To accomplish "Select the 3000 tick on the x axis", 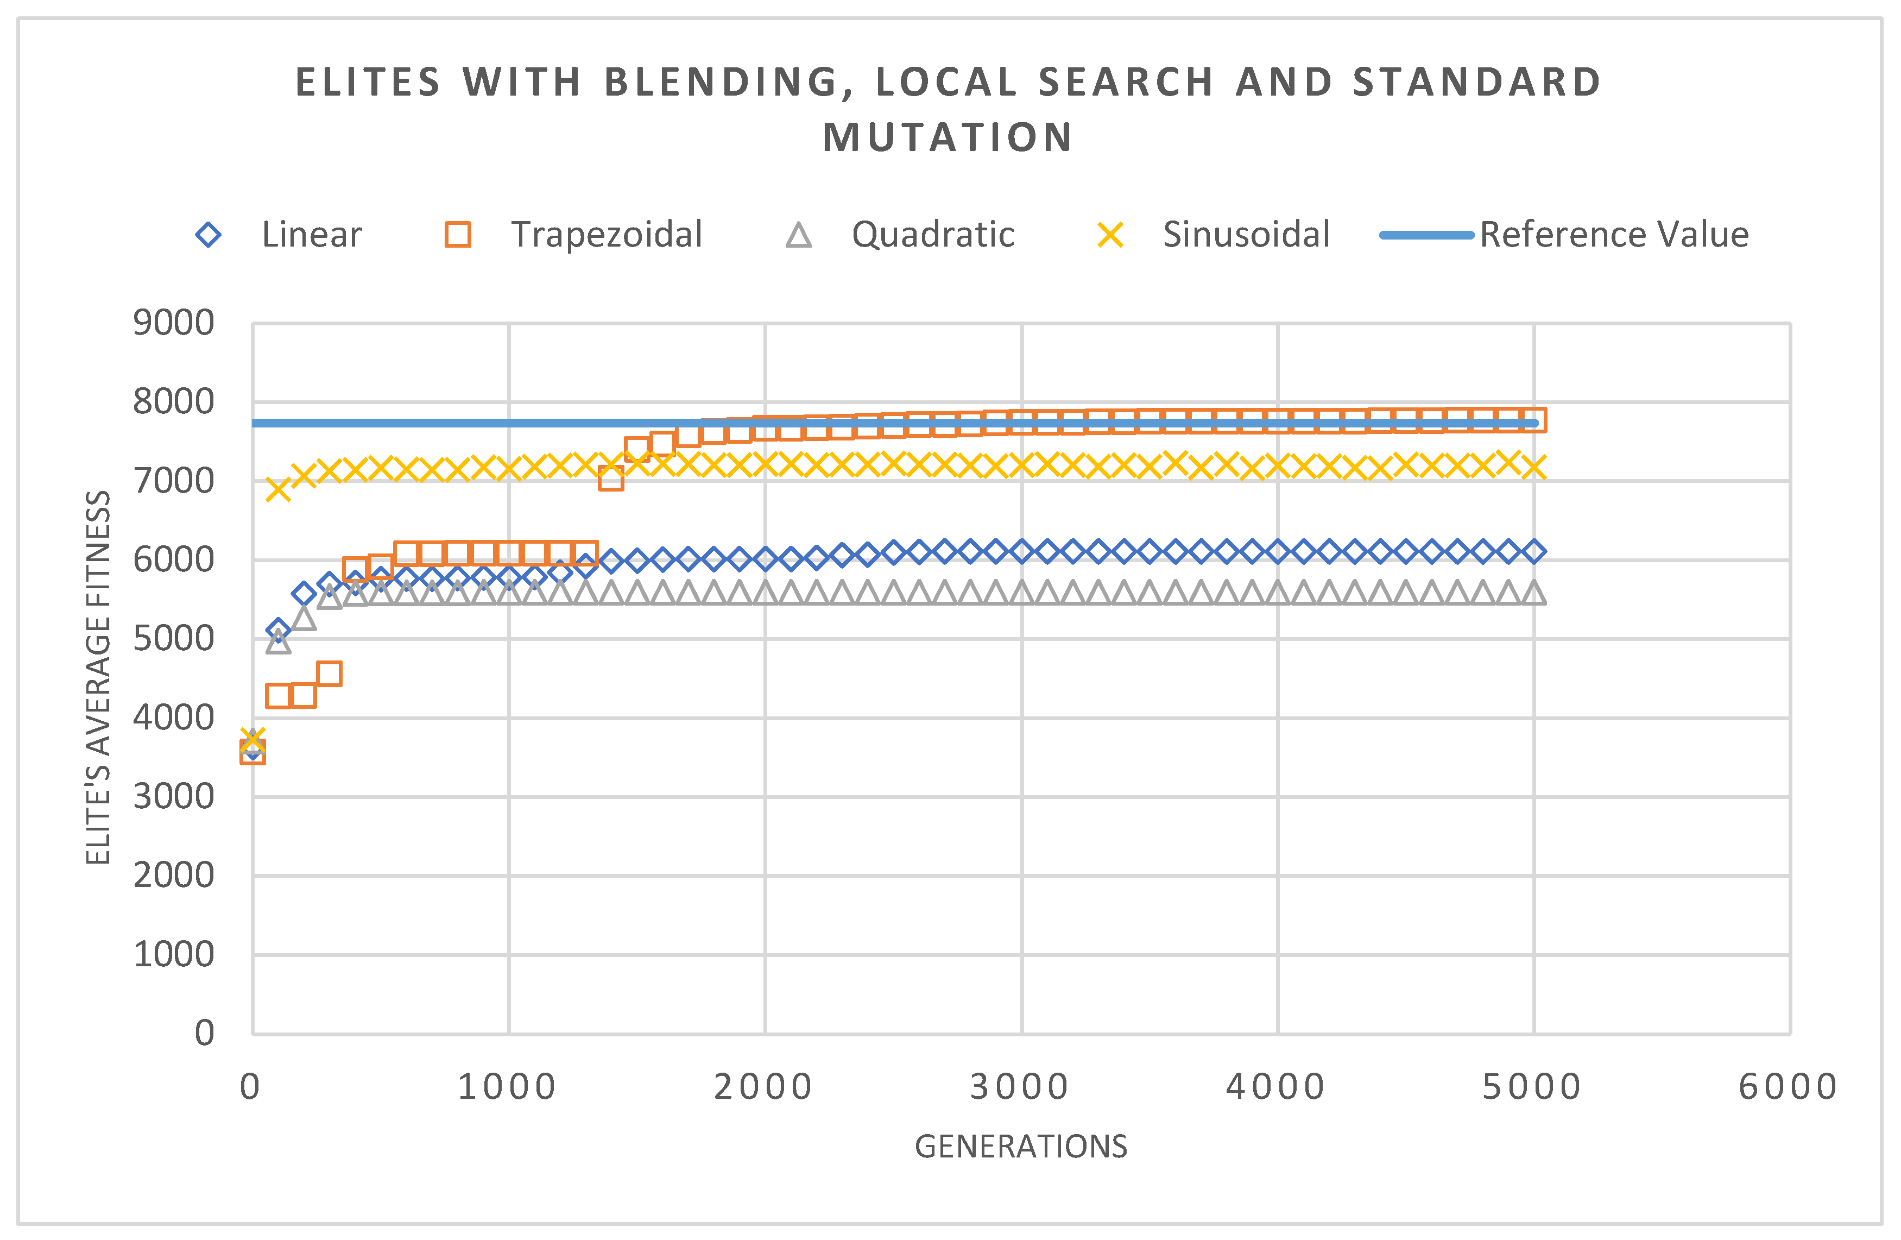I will click(1019, 1087).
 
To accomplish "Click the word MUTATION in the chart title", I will click(948, 137).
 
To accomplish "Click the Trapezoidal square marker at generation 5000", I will click(1533, 419).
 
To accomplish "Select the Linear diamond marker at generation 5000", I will click(1533, 551).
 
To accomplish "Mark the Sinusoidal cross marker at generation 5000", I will click(1533, 467).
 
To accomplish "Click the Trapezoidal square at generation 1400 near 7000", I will click(611, 479).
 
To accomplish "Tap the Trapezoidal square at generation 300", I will click(329, 673).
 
